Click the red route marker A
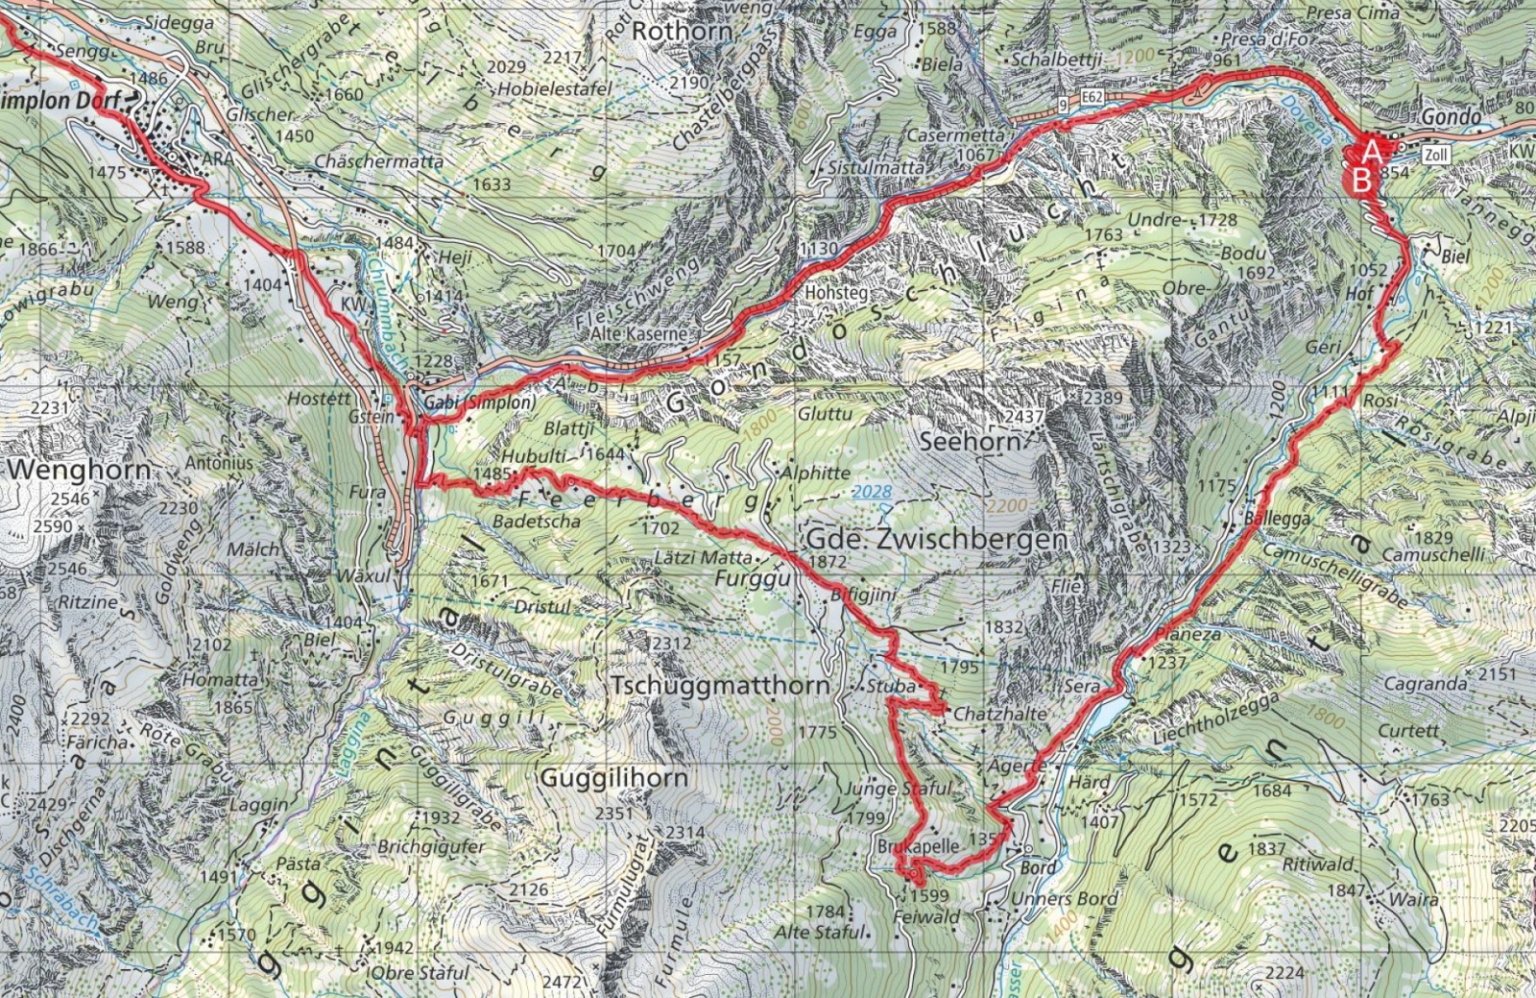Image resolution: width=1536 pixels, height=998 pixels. [x=1373, y=151]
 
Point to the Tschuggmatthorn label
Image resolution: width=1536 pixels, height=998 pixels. [x=720, y=686]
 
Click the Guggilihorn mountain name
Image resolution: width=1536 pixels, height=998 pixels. [x=614, y=777]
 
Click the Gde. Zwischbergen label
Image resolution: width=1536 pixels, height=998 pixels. [x=936, y=539]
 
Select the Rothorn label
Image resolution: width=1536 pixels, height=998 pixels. [x=683, y=32]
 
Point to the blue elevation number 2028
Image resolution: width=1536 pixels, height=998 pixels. [x=871, y=492]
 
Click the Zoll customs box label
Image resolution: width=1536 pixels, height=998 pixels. [x=1435, y=155]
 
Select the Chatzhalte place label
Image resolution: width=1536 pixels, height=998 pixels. [x=999, y=715]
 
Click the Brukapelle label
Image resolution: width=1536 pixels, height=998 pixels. [x=918, y=846]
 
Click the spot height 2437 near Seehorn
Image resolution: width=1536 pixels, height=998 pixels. [x=1024, y=417]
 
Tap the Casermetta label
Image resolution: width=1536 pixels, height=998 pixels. [x=955, y=135]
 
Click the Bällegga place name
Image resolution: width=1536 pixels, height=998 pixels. [x=1277, y=519]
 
